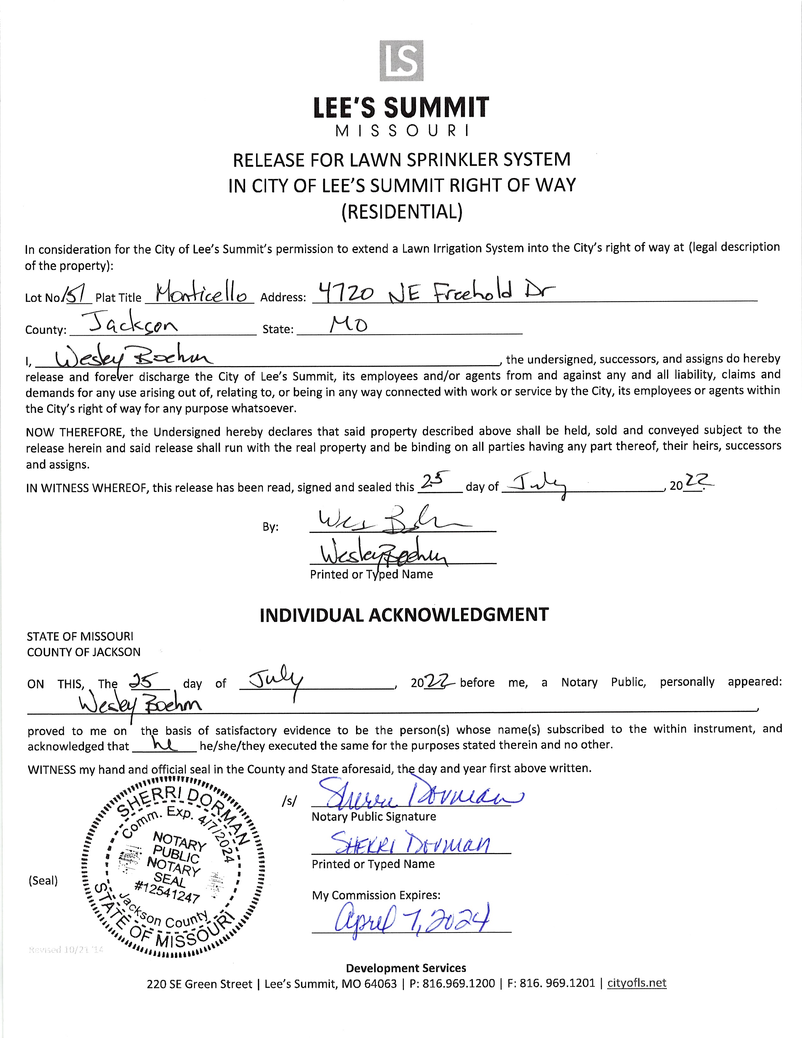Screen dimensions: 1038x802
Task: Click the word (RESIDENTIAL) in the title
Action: (x=402, y=211)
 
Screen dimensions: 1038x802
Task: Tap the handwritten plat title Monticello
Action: (x=201, y=295)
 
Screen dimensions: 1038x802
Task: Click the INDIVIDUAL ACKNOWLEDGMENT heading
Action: (x=404, y=615)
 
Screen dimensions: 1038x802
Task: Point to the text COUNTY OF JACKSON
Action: (x=84, y=652)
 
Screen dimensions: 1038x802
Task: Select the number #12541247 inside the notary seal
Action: (x=167, y=892)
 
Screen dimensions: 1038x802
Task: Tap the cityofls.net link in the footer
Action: (x=637, y=983)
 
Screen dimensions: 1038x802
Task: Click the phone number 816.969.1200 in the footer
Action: (x=459, y=983)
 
